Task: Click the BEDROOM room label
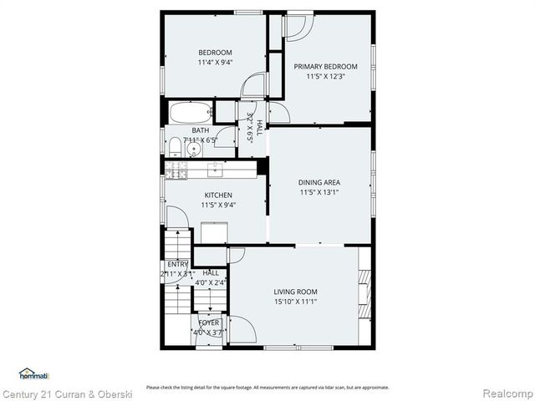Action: coord(215,52)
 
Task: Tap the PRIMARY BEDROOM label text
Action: coord(325,67)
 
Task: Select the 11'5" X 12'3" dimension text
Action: coord(325,77)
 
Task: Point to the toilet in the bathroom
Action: coord(174,147)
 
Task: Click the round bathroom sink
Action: coord(194,150)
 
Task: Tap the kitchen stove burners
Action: coord(176,170)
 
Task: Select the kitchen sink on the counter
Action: coord(214,169)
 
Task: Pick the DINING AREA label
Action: coord(319,182)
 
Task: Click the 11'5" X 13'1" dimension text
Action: coord(319,192)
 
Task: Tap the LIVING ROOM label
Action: coord(295,292)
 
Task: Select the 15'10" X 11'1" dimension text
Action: coord(295,302)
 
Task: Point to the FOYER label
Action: coord(208,322)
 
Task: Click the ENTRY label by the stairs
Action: coord(177,264)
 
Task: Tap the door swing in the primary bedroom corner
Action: coord(297,28)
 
